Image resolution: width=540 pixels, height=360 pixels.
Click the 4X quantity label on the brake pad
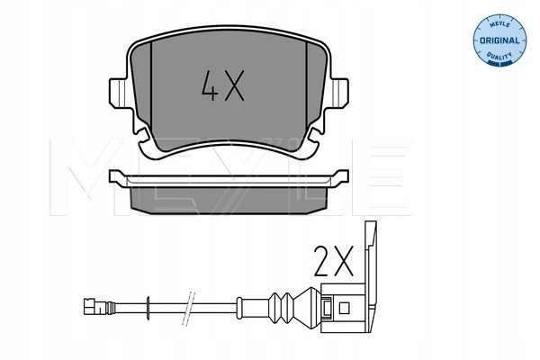223,85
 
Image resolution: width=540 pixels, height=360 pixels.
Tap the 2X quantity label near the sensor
333,261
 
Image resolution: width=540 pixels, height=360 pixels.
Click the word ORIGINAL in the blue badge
499,40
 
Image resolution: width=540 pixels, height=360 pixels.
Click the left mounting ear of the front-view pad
120,92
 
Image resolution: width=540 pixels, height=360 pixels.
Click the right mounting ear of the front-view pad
338,92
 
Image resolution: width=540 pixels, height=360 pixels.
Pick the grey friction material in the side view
229,200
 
